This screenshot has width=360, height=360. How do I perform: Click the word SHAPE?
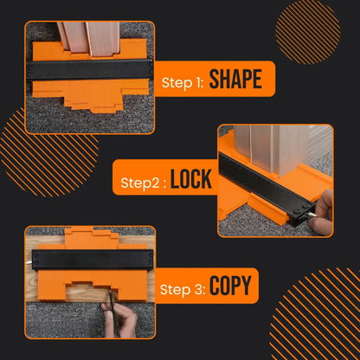[x=235, y=79]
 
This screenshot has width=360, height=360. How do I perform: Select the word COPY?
[x=231, y=286]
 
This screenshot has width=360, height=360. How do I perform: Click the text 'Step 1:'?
[x=183, y=82]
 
